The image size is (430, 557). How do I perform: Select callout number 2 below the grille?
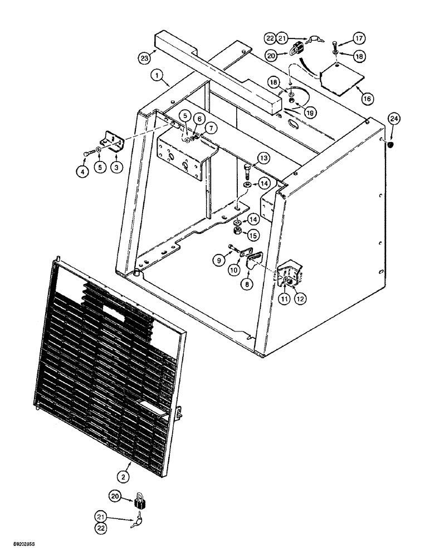[124, 476]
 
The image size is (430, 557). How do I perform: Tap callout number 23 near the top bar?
[145, 57]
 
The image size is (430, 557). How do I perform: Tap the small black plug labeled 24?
[389, 145]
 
